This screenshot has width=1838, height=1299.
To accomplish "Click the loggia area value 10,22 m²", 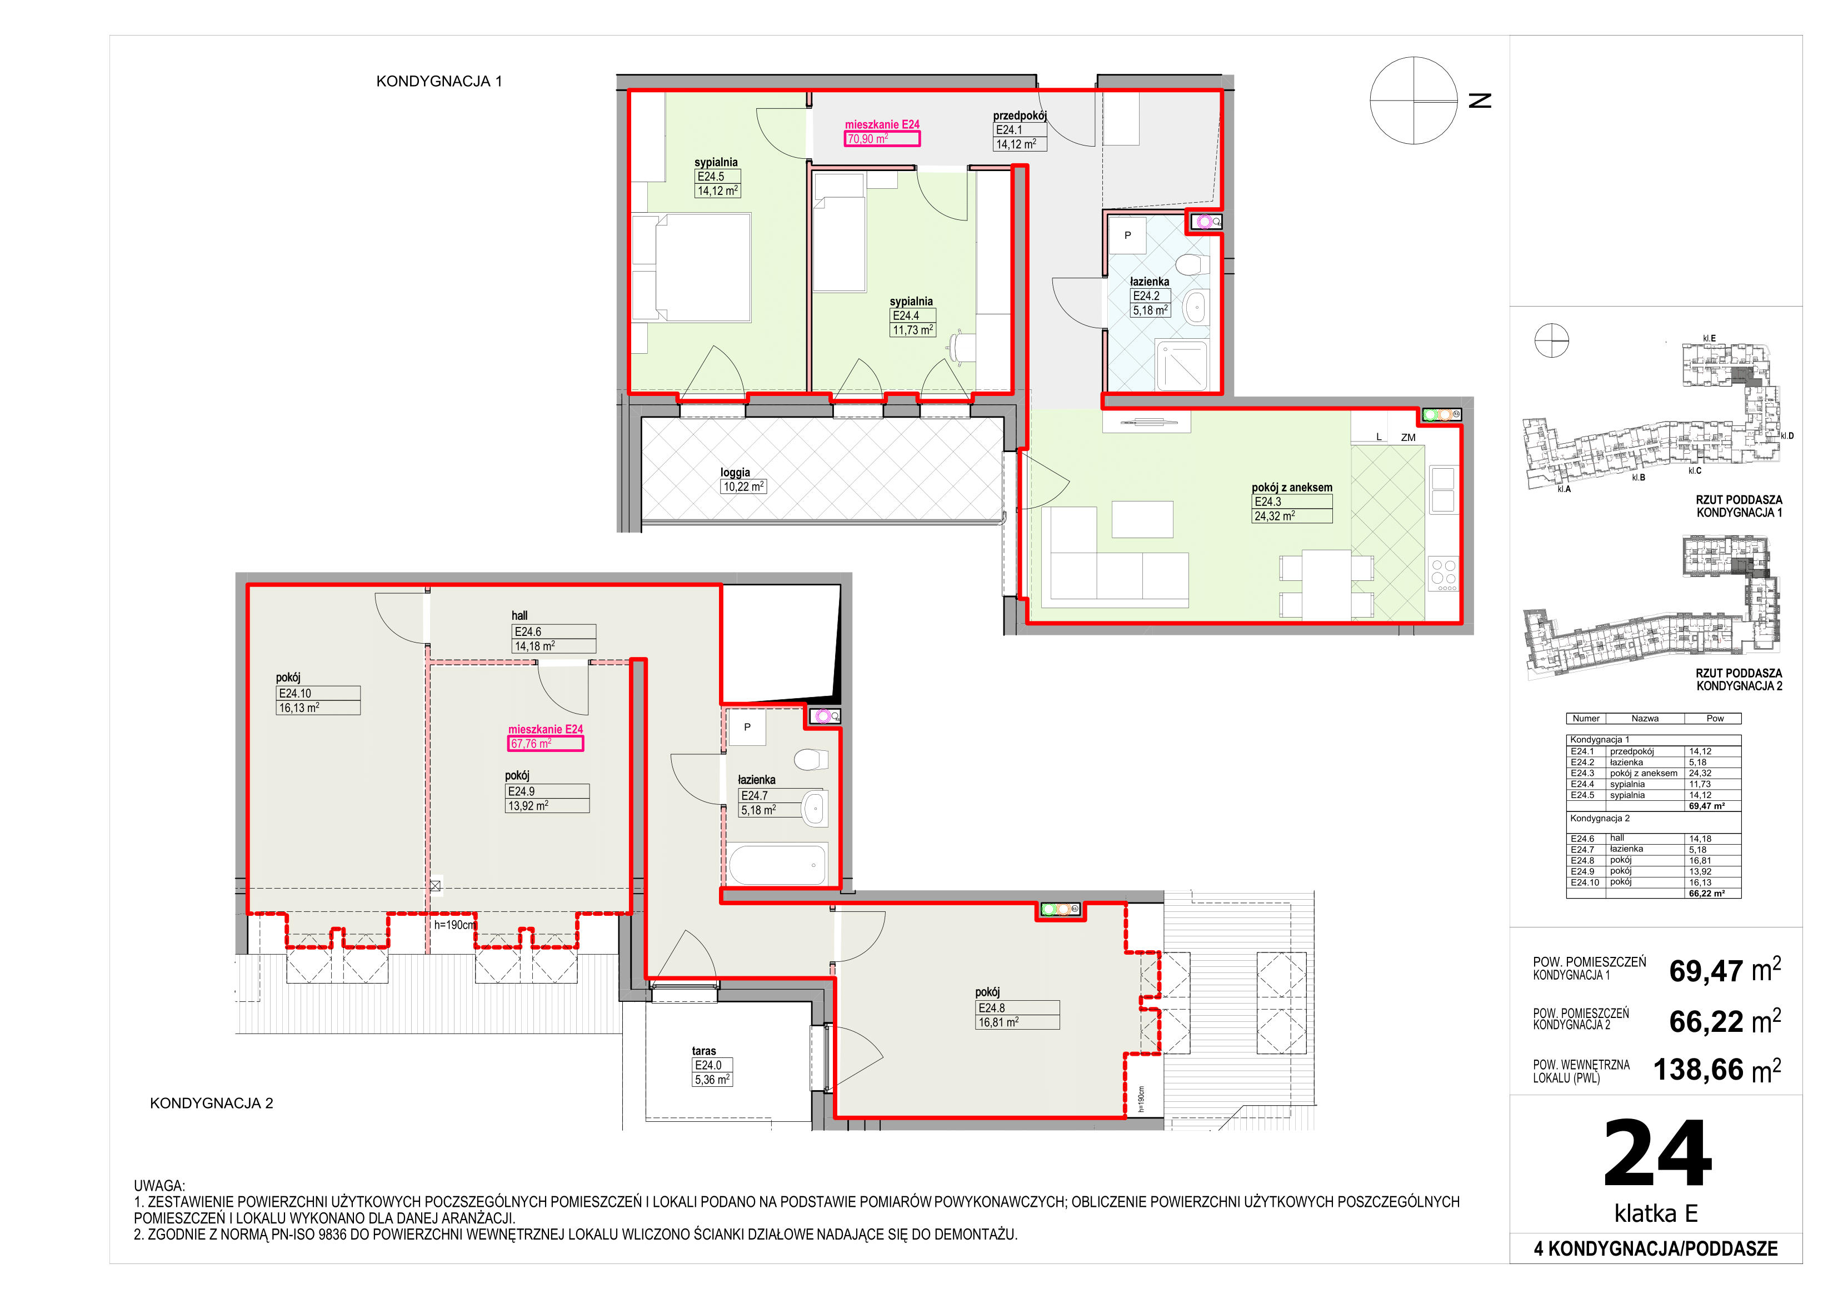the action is coord(743,487).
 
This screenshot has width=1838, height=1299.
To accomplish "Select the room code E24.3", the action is coord(1268,502).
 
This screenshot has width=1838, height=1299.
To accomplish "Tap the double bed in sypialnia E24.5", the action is coord(692,267).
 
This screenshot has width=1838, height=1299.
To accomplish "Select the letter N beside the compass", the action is coord(1481,100).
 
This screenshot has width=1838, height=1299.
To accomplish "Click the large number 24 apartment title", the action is coord(1657,1153).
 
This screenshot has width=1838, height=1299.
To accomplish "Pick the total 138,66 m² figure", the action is coord(1717,1070).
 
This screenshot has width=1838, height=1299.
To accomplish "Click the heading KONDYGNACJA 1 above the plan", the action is coord(439,81).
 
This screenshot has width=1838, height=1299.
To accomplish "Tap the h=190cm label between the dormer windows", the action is coord(454,925).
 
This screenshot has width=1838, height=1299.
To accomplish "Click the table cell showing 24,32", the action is coord(1700,773).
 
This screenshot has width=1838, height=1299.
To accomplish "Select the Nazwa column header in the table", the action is coord(1645,718).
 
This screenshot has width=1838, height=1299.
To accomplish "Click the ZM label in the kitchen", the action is coord(1408,437).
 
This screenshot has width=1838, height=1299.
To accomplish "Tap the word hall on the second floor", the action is coord(520,615).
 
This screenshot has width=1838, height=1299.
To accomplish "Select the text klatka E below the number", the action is coord(1656,1213).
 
